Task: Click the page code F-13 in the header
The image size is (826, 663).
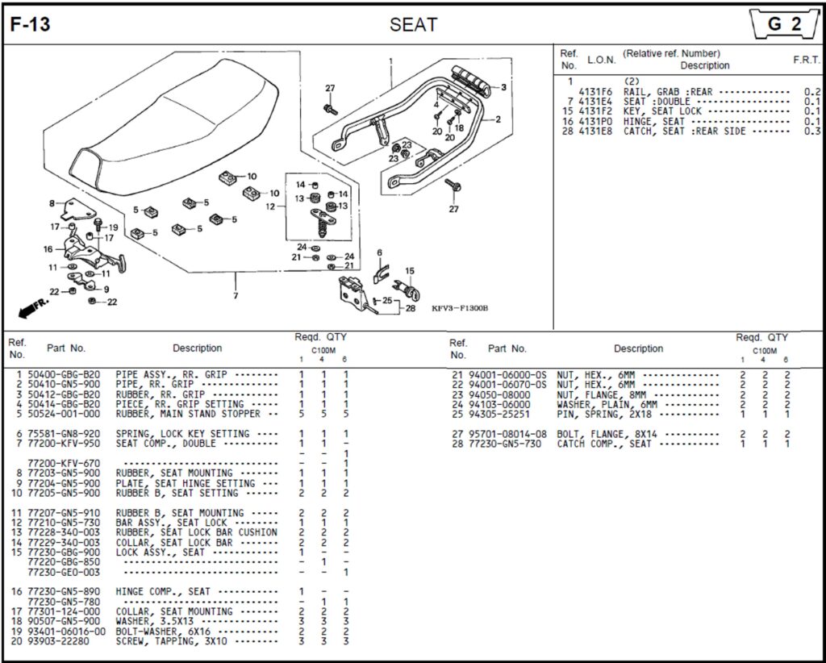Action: click(x=30, y=25)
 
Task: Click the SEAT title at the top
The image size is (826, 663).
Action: click(x=413, y=25)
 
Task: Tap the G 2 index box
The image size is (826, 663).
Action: click(x=783, y=24)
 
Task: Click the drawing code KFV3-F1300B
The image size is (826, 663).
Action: click(x=460, y=308)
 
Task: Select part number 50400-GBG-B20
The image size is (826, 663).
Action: click(x=64, y=375)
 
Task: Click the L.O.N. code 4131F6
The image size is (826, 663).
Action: click(x=595, y=92)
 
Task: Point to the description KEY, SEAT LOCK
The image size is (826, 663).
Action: click(x=662, y=111)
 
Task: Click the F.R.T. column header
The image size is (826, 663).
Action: click(x=806, y=60)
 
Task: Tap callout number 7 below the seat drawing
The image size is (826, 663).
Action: click(x=236, y=296)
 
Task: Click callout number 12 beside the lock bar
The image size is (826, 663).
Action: click(x=271, y=206)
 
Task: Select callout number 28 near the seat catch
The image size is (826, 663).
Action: click(x=410, y=307)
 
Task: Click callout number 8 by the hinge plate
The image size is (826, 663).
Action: click(x=52, y=203)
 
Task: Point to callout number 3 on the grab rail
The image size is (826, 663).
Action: click(x=503, y=87)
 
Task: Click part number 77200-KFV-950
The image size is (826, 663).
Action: click(x=64, y=444)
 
